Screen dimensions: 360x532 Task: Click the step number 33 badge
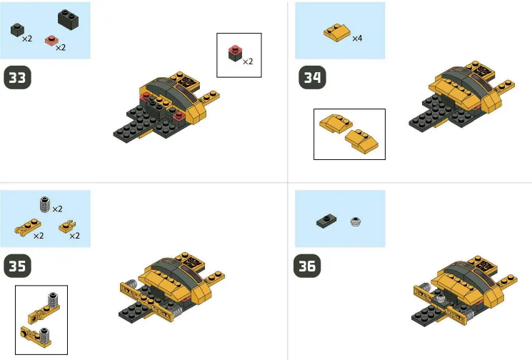click(x=19, y=78)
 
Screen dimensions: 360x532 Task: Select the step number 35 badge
click(x=19, y=266)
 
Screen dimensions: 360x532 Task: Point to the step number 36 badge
click(x=308, y=266)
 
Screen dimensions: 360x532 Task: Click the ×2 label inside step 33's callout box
click(x=248, y=61)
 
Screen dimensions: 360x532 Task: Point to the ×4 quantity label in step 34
click(x=357, y=38)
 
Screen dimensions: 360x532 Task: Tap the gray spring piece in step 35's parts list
click(x=45, y=204)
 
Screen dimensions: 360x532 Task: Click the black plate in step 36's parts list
click(x=326, y=221)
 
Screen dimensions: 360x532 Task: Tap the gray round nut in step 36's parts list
click(x=355, y=222)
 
